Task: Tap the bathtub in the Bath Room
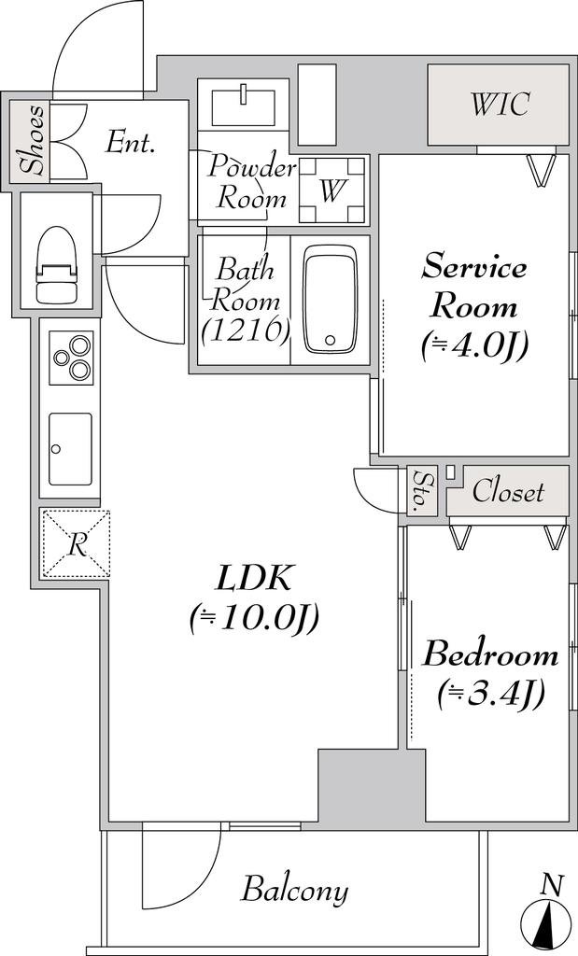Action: (330, 300)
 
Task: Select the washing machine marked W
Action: (331, 190)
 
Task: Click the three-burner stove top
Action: (71, 358)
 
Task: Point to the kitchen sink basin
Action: (70, 449)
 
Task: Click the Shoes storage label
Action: (31, 140)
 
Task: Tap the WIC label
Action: (500, 105)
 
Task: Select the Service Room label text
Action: (473, 287)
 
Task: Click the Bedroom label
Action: (490, 654)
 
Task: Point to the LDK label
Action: (254, 579)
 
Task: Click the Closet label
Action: (508, 491)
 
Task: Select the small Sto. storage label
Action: (418, 491)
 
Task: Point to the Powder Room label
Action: (251, 183)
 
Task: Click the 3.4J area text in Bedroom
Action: (490, 695)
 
